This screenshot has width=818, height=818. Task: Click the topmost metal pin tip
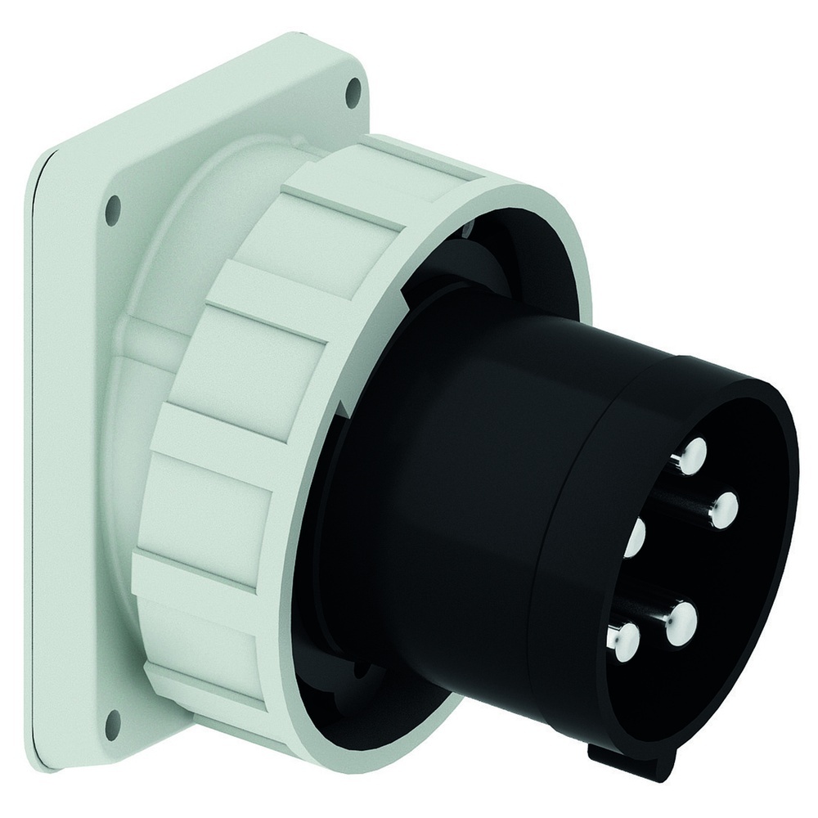(694, 452)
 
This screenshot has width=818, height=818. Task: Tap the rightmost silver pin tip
(723, 510)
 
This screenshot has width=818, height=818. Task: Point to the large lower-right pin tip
(681, 623)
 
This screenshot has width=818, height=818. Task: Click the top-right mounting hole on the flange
(353, 93)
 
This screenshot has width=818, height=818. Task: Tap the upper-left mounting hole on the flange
(114, 209)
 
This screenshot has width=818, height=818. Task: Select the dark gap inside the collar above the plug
(458, 262)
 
